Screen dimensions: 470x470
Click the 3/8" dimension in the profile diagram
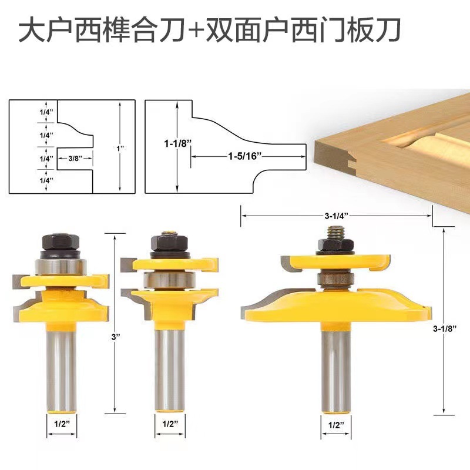(74, 157)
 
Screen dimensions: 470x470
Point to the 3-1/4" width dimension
(335, 216)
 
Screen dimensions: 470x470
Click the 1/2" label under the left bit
(62, 422)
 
